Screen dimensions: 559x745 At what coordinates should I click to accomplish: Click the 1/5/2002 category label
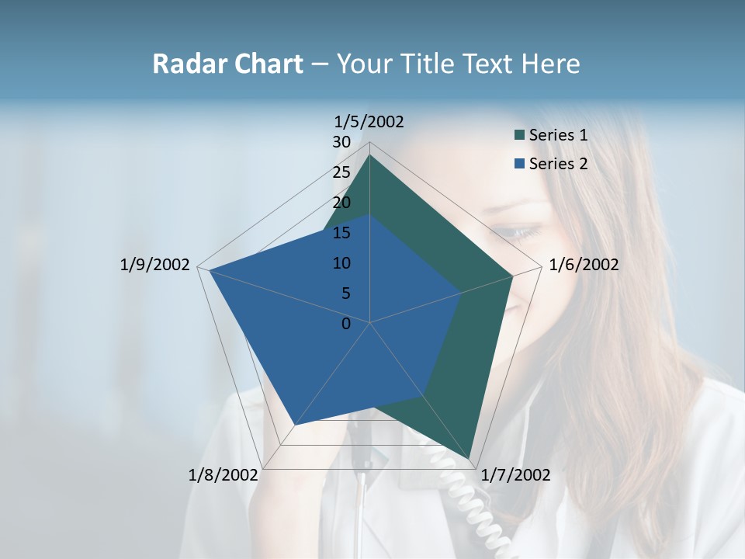(x=369, y=122)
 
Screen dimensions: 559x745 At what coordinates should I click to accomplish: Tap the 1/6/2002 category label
(x=584, y=265)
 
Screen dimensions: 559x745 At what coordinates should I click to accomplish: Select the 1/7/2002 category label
(x=515, y=475)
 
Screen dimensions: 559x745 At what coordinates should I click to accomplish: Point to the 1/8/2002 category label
(x=223, y=475)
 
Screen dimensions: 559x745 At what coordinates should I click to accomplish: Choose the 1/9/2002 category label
(x=154, y=265)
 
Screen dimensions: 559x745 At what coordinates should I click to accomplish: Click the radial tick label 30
(x=341, y=142)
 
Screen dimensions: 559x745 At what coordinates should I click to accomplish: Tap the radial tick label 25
(x=341, y=172)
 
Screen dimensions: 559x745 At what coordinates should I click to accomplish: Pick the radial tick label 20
(x=341, y=203)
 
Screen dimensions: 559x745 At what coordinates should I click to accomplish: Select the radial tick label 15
(x=341, y=233)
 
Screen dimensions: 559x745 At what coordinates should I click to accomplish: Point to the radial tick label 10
(x=341, y=263)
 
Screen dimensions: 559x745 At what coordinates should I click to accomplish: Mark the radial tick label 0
(x=346, y=324)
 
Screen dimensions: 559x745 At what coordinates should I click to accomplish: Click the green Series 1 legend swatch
(x=518, y=136)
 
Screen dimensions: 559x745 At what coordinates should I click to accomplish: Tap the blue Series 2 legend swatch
(x=518, y=164)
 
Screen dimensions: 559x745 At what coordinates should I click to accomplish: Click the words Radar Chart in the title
(x=227, y=64)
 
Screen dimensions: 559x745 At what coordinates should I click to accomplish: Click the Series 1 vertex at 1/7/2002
(x=470, y=459)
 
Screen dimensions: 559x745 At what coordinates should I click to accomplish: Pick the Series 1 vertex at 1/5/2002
(x=369, y=155)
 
